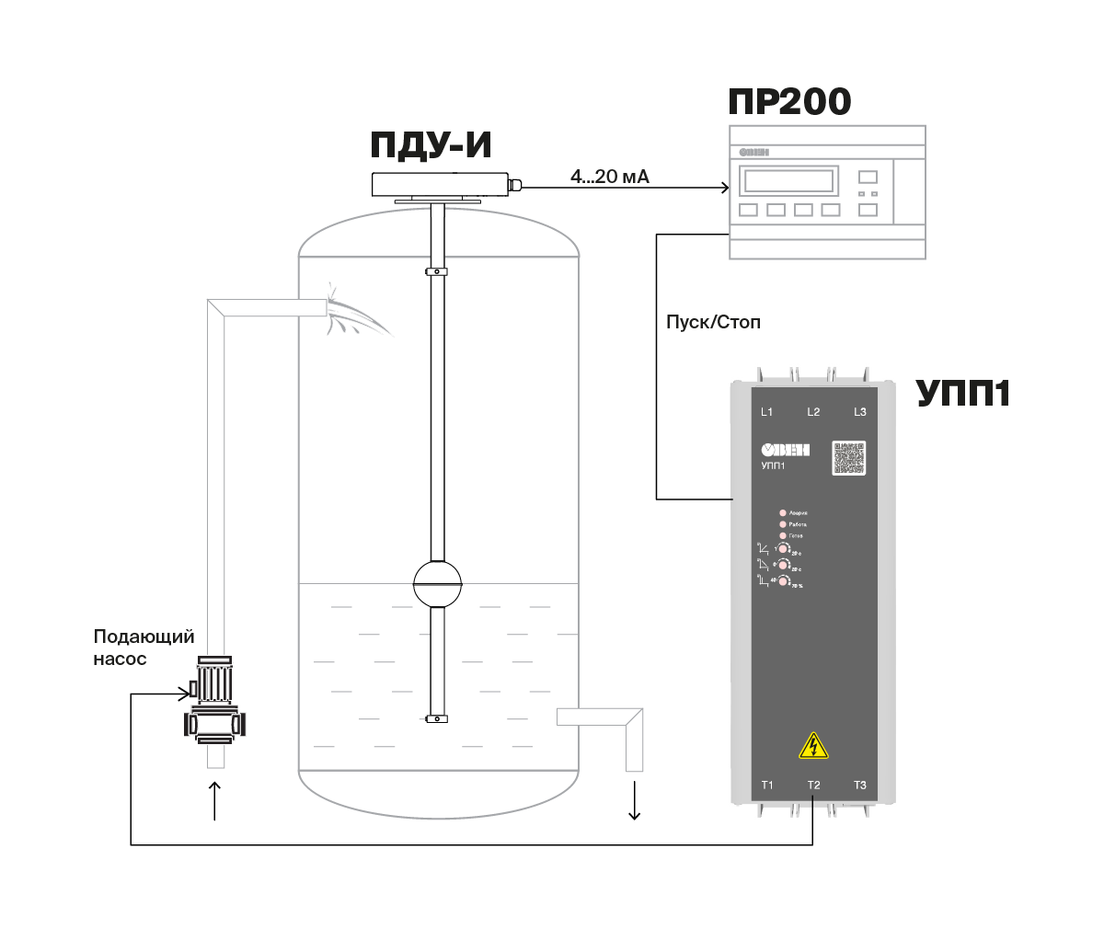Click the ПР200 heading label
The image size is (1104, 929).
[789, 101]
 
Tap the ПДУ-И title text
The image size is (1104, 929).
[431, 145]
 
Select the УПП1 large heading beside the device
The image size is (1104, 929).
[962, 394]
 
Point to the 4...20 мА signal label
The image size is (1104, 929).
[610, 177]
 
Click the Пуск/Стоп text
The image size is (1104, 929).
[713, 323]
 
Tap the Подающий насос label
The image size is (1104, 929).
[144, 648]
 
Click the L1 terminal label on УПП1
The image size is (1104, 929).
[767, 412]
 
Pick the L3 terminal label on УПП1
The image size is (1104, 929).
[860, 412]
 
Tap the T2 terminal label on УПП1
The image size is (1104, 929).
[813, 786]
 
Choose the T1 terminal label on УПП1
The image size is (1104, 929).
[767, 786]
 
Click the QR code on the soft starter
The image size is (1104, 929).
[849, 458]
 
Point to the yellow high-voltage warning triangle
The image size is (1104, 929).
[813, 746]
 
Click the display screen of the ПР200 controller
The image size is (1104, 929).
[788, 179]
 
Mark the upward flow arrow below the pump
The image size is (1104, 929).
[214, 800]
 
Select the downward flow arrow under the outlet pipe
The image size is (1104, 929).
[634, 800]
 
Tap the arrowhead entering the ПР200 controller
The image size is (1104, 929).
[725, 188]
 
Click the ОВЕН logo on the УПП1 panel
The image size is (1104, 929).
[785, 450]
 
